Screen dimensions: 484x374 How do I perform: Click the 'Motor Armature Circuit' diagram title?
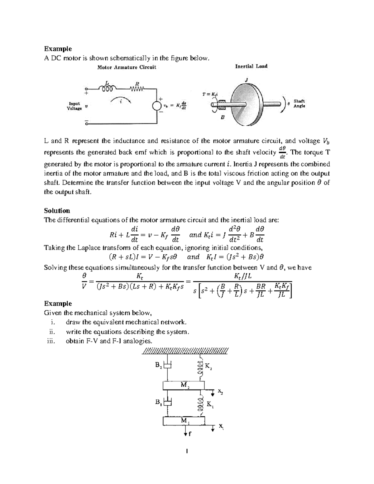(127, 67)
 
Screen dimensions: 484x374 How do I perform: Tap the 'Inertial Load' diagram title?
(251, 66)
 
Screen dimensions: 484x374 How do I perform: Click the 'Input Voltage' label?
(74, 106)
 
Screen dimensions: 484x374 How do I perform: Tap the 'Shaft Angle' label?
(299, 103)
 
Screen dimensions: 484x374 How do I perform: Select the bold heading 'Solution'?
(57, 211)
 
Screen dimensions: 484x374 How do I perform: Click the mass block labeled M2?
(184, 385)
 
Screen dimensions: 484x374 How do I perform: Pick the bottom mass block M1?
(184, 421)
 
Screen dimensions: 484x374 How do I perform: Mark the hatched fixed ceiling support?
(185, 351)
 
